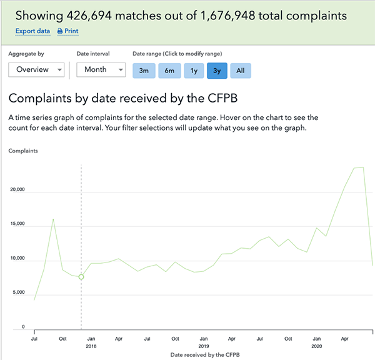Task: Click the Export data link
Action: click(32, 31)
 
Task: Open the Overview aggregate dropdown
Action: click(36, 69)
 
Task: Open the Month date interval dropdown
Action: click(101, 69)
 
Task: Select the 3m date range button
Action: click(143, 71)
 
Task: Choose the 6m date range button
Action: click(169, 71)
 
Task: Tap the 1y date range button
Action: click(193, 71)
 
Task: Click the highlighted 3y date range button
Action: click(217, 71)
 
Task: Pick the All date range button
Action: click(241, 71)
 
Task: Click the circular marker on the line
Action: click(81, 277)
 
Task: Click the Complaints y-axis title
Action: click(23, 151)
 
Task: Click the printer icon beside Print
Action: click(60, 31)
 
